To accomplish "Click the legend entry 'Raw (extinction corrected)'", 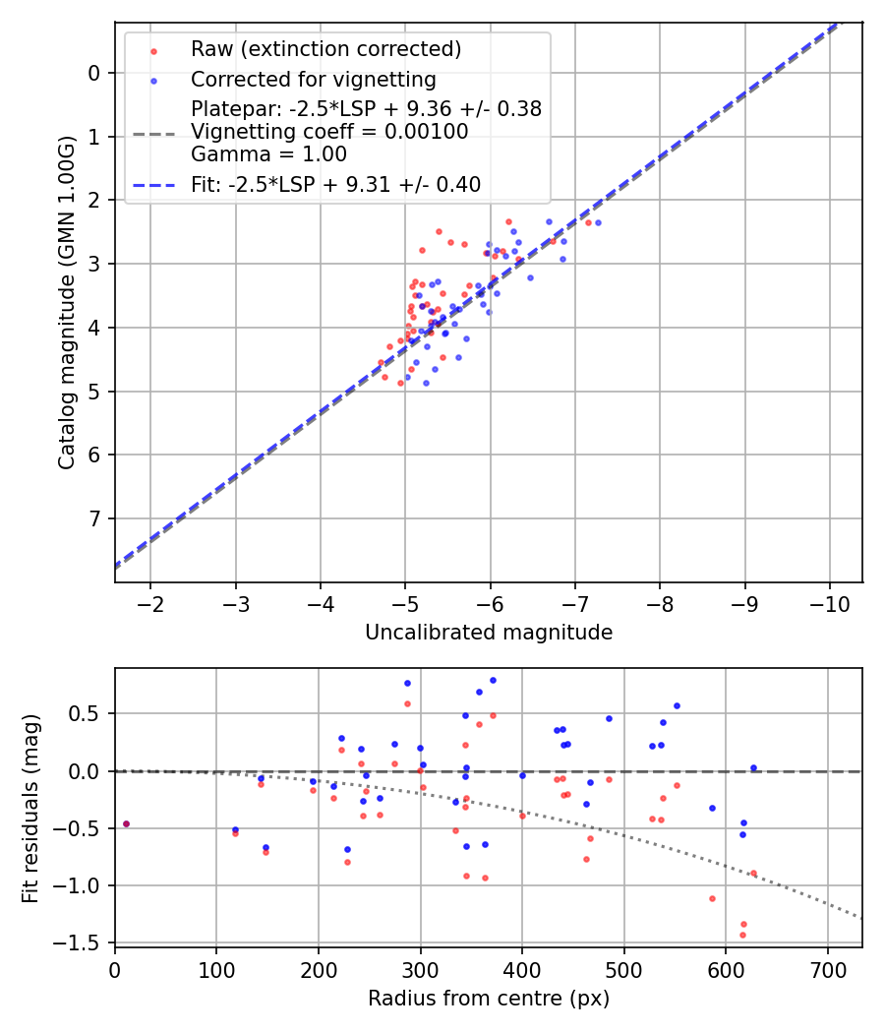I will click(325, 49).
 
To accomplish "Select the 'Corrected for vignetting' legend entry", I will click(313, 79).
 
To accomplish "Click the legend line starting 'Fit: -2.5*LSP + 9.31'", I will click(335, 184).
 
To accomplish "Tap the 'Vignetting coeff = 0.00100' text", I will click(329, 131).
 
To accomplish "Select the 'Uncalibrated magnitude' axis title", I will click(489, 633).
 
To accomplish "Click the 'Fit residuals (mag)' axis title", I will click(30, 808).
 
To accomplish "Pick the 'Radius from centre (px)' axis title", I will click(489, 999).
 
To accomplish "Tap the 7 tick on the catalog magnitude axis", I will click(94, 518).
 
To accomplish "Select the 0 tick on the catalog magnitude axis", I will click(94, 73).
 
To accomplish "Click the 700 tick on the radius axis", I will click(827, 969).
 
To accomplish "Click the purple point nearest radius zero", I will click(126, 823).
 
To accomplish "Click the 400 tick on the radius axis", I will click(522, 969).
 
